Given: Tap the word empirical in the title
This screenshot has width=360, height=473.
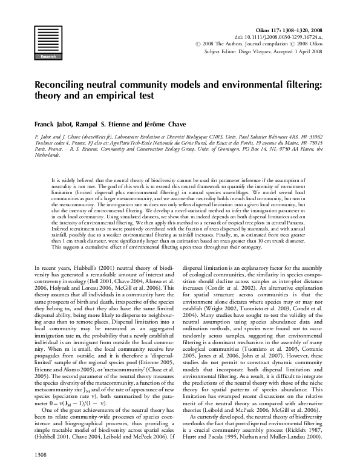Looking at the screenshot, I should pos(125,96).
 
